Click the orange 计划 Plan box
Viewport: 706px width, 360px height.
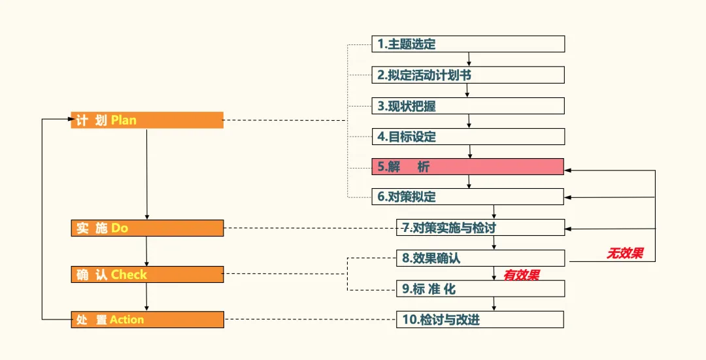coord(147,120)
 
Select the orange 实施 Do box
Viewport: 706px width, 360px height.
coord(147,228)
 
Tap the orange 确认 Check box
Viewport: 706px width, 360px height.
coord(147,274)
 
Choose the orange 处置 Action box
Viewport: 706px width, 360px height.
coord(147,319)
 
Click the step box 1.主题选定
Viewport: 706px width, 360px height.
coord(467,44)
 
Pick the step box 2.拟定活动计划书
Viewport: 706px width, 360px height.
coord(467,75)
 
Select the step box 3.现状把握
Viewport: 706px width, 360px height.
coord(467,106)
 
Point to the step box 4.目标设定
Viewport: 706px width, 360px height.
coord(467,137)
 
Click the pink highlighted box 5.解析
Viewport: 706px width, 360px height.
coord(467,167)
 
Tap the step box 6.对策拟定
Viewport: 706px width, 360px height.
coord(467,197)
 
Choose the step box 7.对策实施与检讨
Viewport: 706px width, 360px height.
coord(480,227)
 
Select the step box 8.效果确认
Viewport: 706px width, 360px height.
coord(480,258)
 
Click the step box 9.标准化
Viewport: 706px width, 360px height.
coord(480,289)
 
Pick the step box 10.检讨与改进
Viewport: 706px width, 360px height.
coord(480,319)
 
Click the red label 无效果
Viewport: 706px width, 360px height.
coord(625,254)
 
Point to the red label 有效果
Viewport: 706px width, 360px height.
coord(521,275)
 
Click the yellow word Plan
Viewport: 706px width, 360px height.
coord(124,120)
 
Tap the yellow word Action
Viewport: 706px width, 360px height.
coord(127,319)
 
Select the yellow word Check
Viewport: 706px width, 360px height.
coord(129,274)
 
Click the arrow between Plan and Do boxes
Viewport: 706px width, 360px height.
coord(146,174)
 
